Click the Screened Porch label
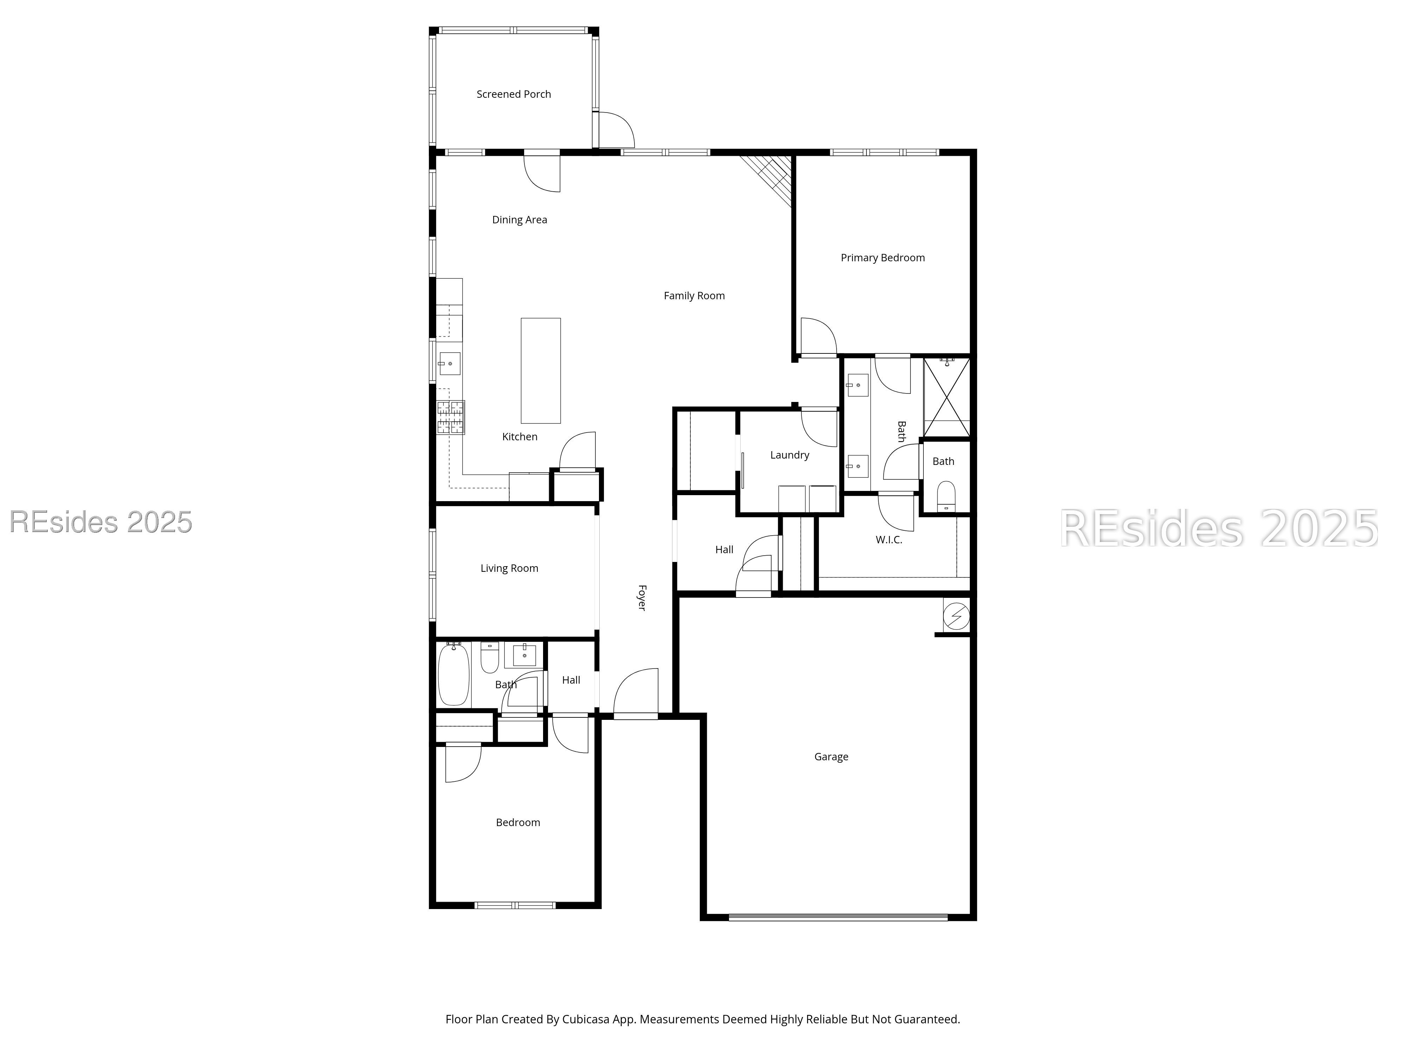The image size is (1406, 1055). coord(514,94)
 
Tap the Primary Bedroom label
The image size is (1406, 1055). coord(882,257)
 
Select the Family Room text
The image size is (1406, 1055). coord(694,296)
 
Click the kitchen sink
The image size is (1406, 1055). coord(449,364)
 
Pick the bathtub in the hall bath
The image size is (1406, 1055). coord(453,674)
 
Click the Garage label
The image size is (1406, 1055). coord(831,757)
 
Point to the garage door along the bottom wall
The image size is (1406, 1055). coord(837,917)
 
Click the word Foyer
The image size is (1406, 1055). coord(642,598)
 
